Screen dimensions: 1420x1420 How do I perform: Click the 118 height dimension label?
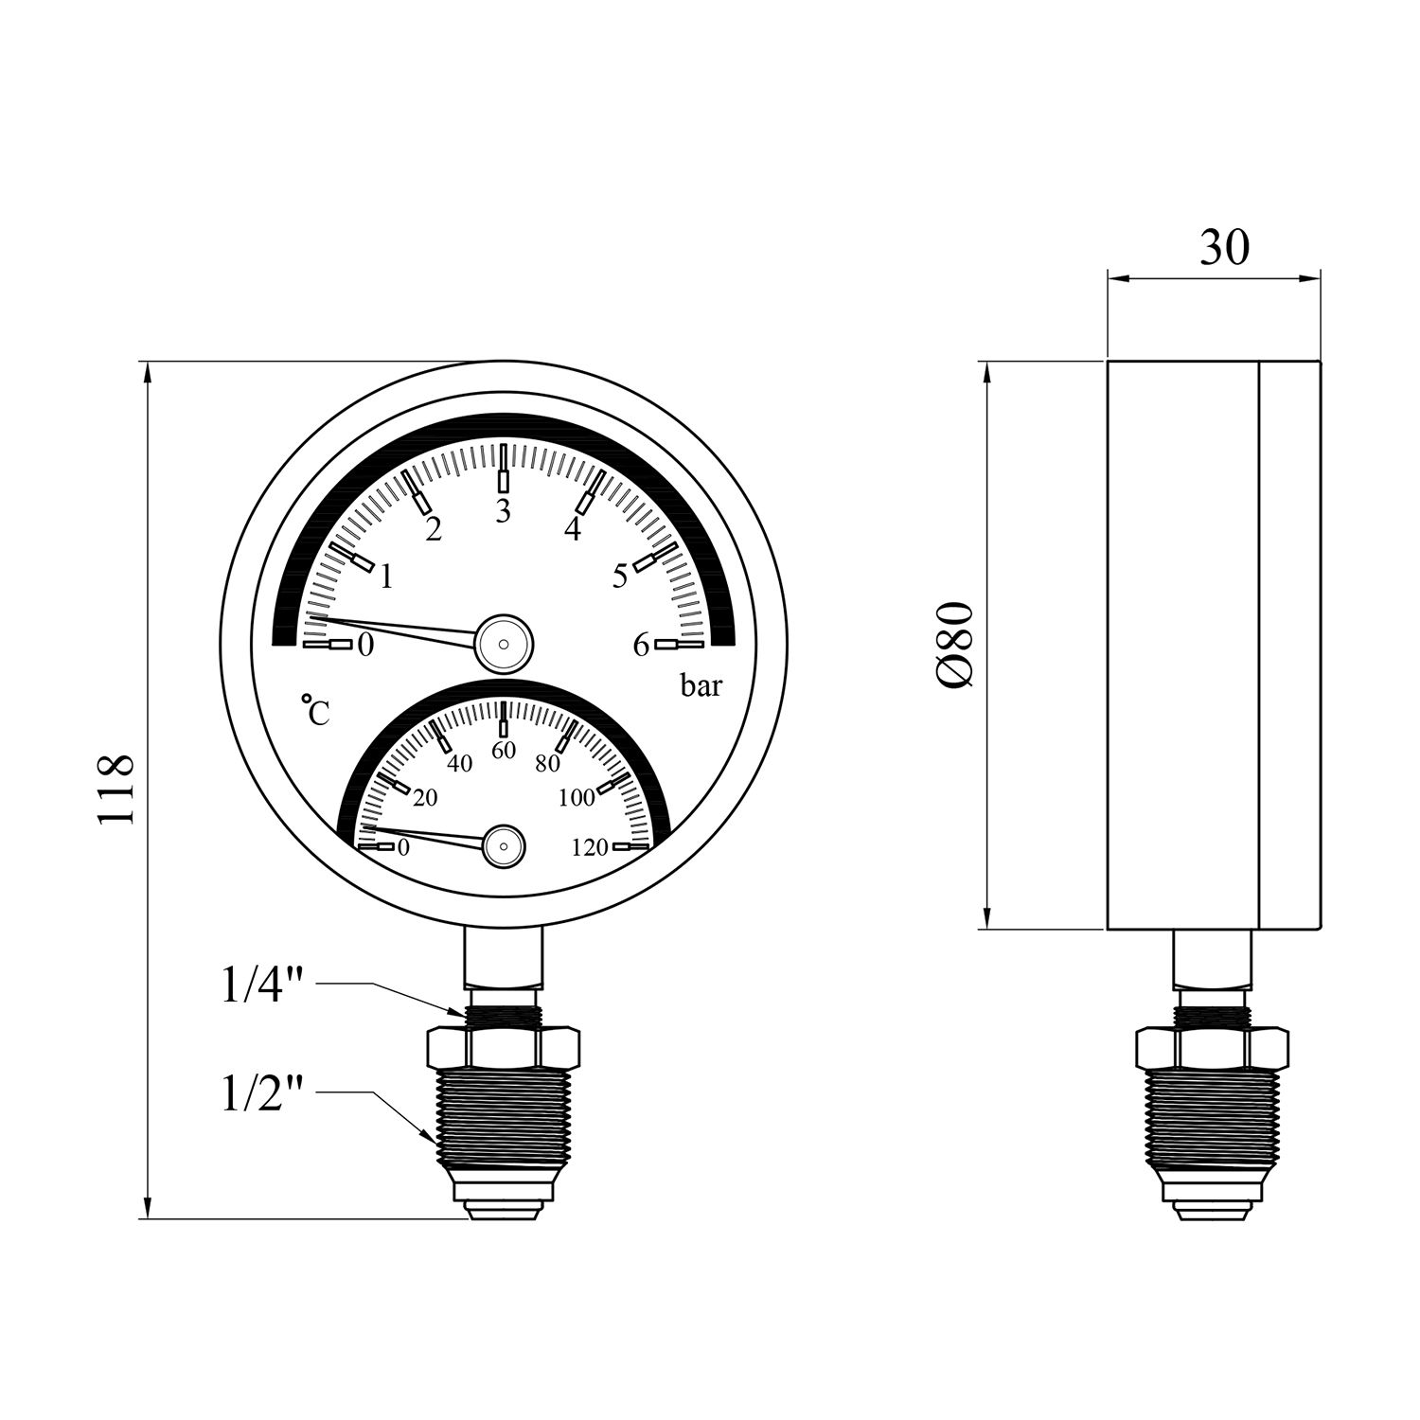coord(118,789)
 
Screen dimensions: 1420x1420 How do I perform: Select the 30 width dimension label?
coord(1224,248)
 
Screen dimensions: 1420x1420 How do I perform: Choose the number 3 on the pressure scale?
coord(503,511)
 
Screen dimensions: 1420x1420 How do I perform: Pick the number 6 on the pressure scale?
coord(641,647)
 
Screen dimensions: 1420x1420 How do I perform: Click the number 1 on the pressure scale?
coord(385,577)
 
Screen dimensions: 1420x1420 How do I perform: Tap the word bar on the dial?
coord(701,686)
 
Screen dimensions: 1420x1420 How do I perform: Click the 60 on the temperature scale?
coord(504,751)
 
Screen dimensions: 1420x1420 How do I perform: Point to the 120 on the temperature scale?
coord(590,848)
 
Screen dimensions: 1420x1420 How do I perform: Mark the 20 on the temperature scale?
coord(425,798)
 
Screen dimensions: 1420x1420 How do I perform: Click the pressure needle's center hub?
coord(504,642)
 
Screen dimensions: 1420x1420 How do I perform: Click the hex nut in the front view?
coord(503,1045)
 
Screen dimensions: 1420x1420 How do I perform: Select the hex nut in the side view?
coord(1211,1047)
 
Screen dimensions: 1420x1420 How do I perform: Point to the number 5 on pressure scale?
coord(620,576)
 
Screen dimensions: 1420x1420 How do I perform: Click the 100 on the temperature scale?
coord(576,798)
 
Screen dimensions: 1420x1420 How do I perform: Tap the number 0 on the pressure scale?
coord(366,647)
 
